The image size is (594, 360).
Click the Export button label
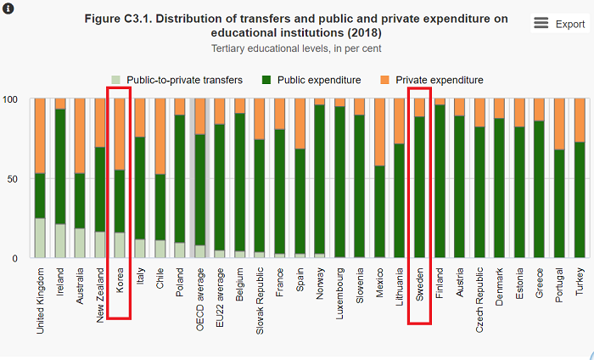point(570,24)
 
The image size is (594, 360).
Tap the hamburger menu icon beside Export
point(541,23)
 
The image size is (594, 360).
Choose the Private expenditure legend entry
point(430,80)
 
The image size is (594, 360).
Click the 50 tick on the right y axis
point(586,178)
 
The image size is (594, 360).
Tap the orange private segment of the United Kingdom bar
point(40,136)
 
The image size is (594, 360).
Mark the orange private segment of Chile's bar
point(160,136)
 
